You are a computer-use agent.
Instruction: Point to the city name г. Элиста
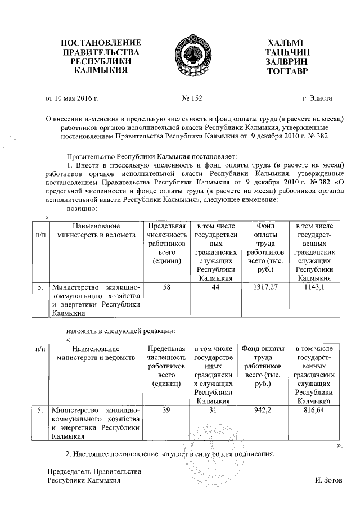(317, 98)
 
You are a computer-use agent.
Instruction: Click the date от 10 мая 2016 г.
(72, 98)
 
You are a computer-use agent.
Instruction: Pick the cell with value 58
(166, 287)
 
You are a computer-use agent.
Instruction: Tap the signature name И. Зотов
(328, 481)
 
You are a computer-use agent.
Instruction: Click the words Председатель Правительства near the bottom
(93, 471)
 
